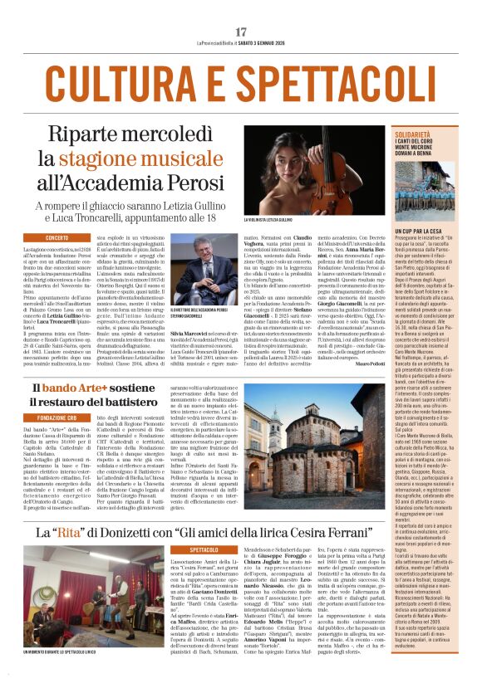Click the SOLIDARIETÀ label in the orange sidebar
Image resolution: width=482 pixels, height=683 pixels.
click(413, 133)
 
